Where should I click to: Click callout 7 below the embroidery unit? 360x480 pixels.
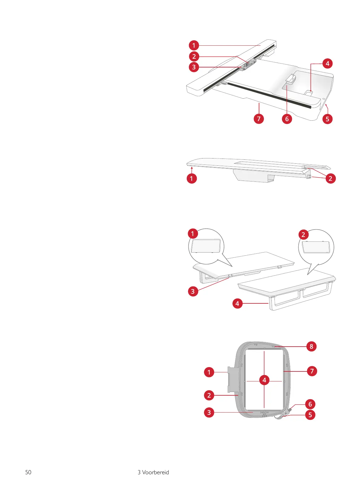pyautogui.click(x=259, y=119)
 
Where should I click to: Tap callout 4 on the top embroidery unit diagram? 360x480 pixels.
pyautogui.click(x=327, y=64)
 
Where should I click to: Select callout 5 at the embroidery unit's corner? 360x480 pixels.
pyautogui.click(x=327, y=119)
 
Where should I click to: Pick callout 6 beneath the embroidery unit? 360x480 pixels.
pyautogui.click(x=287, y=119)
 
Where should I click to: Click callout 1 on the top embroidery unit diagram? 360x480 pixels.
pyautogui.click(x=194, y=45)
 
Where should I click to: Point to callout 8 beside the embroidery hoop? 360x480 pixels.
pyautogui.click(x=311, y=346)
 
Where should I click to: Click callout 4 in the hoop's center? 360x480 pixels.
pyautogui.click(x=264, y=380)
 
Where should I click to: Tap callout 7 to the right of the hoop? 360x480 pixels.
pyautogui.click(x=312, y=371)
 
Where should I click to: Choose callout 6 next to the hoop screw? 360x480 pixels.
pyautogui.click(x=310, y=404)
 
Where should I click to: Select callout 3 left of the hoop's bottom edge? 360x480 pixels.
pyautogui.click(x=209, y=412)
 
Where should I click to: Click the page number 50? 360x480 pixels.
pyautogui.click(x=28, y=472)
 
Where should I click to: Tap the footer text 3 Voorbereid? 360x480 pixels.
pyautogui.click(x=153, y=472)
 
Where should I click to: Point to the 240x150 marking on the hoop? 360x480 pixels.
pyautogui.click(x=264, y=413)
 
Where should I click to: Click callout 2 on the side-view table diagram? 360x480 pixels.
pyautogui.click(x=330, y=178)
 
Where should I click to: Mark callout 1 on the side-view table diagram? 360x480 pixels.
pyautogui.click(x=191, y=178)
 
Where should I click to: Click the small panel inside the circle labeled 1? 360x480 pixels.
pyautogui.click(x=206, y=246)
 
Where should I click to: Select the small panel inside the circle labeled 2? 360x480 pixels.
pyautogui.click(x=316, y=247)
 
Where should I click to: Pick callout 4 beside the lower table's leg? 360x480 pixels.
pyautogui.click(x=237, y=303)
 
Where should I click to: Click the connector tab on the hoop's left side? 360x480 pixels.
pyautogui.click(x=231, y=378)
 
